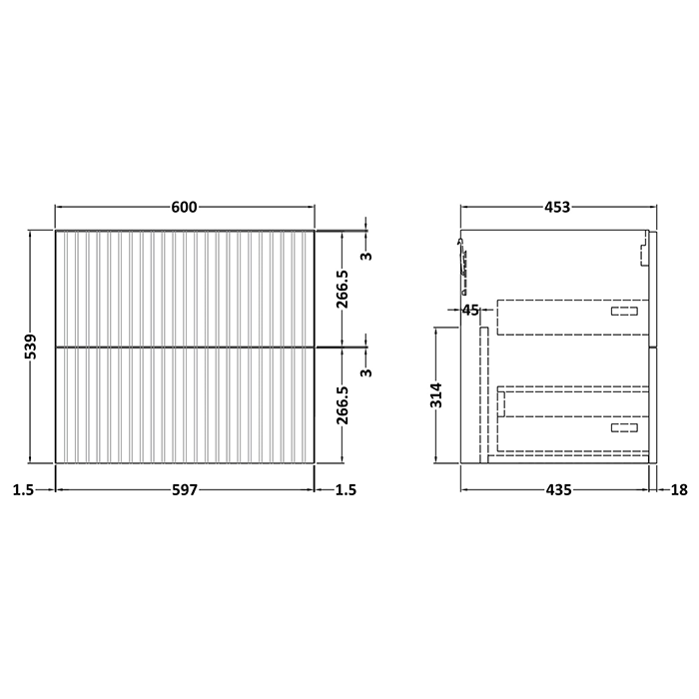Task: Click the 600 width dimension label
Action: pos(185,207)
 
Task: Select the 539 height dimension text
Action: pos(31,346)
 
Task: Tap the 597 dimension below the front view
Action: pos(185,489)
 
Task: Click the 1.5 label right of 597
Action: pos(344,489)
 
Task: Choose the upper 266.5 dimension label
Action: pos(343,289)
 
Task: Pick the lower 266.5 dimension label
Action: pos(343,404)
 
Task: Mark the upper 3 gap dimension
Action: pos(366,257)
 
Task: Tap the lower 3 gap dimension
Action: pos(366,372)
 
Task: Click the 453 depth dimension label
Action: pos(556,208)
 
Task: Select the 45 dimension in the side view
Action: pos(471,310)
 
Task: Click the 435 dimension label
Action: pos(556,489)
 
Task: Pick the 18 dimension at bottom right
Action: pos(679,489)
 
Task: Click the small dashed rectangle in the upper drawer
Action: pos(623,312)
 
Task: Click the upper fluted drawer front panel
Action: pos(185,288)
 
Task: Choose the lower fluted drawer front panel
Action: pos(185,404)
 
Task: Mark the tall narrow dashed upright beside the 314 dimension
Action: pos(484,394)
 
